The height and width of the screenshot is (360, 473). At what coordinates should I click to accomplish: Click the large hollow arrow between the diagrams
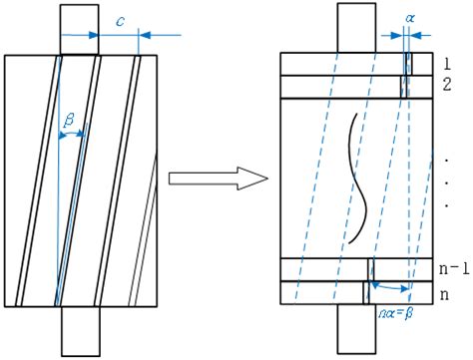217,180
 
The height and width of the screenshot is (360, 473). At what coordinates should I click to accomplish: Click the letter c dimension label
120,18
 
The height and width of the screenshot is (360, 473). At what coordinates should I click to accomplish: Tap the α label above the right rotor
409,18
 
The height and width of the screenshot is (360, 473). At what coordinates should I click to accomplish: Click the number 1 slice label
449,63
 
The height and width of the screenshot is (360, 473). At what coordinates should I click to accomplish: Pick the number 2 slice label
449,86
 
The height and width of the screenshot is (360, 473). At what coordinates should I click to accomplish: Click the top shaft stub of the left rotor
79,29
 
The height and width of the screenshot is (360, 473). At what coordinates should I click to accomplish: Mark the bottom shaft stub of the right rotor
355,329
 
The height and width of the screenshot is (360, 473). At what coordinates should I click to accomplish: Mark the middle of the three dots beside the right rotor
444,180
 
